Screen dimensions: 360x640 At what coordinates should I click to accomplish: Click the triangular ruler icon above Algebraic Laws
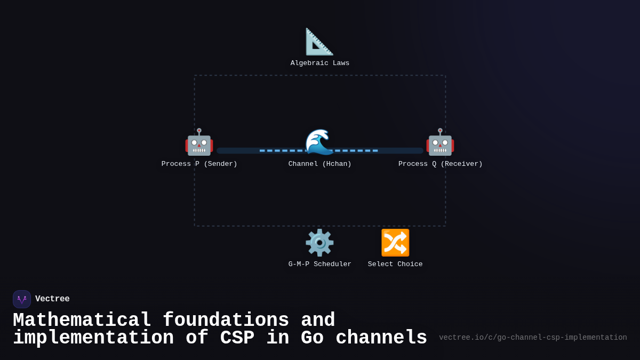(319, 42)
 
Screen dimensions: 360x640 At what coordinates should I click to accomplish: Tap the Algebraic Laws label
(320, 63)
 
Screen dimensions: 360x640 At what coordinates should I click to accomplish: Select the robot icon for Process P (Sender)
(199, 142)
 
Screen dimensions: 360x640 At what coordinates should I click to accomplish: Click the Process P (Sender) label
(199, 164)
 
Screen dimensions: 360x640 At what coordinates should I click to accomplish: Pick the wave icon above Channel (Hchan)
(319, 142)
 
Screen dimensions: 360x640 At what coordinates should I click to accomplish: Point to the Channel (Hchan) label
(320, 164)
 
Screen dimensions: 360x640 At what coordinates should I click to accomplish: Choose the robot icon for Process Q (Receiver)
(440, 142)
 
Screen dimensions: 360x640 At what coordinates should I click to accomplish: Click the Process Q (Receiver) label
(440, 164)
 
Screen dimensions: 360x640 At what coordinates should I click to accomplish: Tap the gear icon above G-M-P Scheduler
(319, 243)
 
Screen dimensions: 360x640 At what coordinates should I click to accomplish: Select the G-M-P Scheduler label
(320, 264)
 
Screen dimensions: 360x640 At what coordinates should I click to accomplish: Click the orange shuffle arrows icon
(395, 243)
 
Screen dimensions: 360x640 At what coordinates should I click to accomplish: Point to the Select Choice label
(395, 264)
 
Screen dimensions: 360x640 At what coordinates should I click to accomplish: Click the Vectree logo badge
(22, 299)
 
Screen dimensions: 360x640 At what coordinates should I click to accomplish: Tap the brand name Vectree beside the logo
(52, 299)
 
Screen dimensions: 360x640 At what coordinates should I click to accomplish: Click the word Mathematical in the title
(82, 321)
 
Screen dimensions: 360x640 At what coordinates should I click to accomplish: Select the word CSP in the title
(237, 338)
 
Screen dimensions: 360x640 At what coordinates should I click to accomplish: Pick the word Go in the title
(312, 338)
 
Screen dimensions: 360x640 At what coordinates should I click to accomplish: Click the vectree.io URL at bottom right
(533, 338)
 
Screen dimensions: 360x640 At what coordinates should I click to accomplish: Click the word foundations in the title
(226, 321)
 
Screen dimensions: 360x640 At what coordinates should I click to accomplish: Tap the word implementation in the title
(93, 338)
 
